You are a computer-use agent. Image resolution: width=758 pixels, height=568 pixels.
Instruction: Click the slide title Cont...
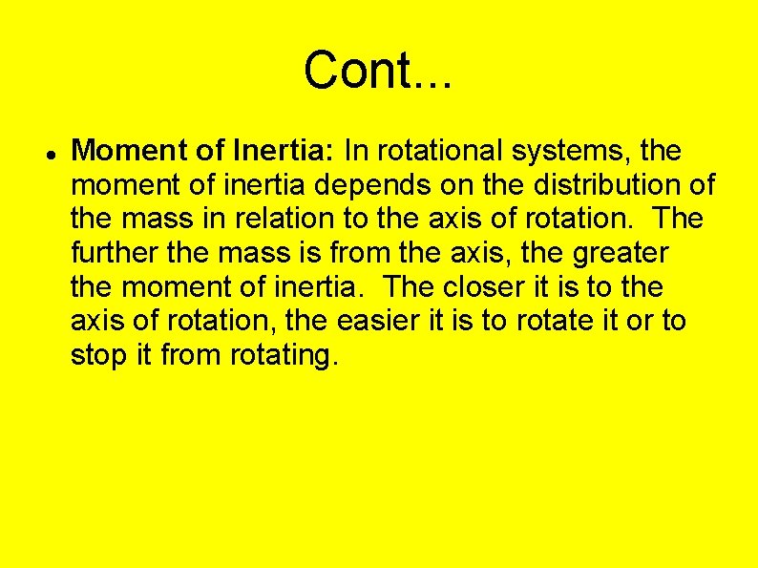pyautogui.click(x=378, y=70)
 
